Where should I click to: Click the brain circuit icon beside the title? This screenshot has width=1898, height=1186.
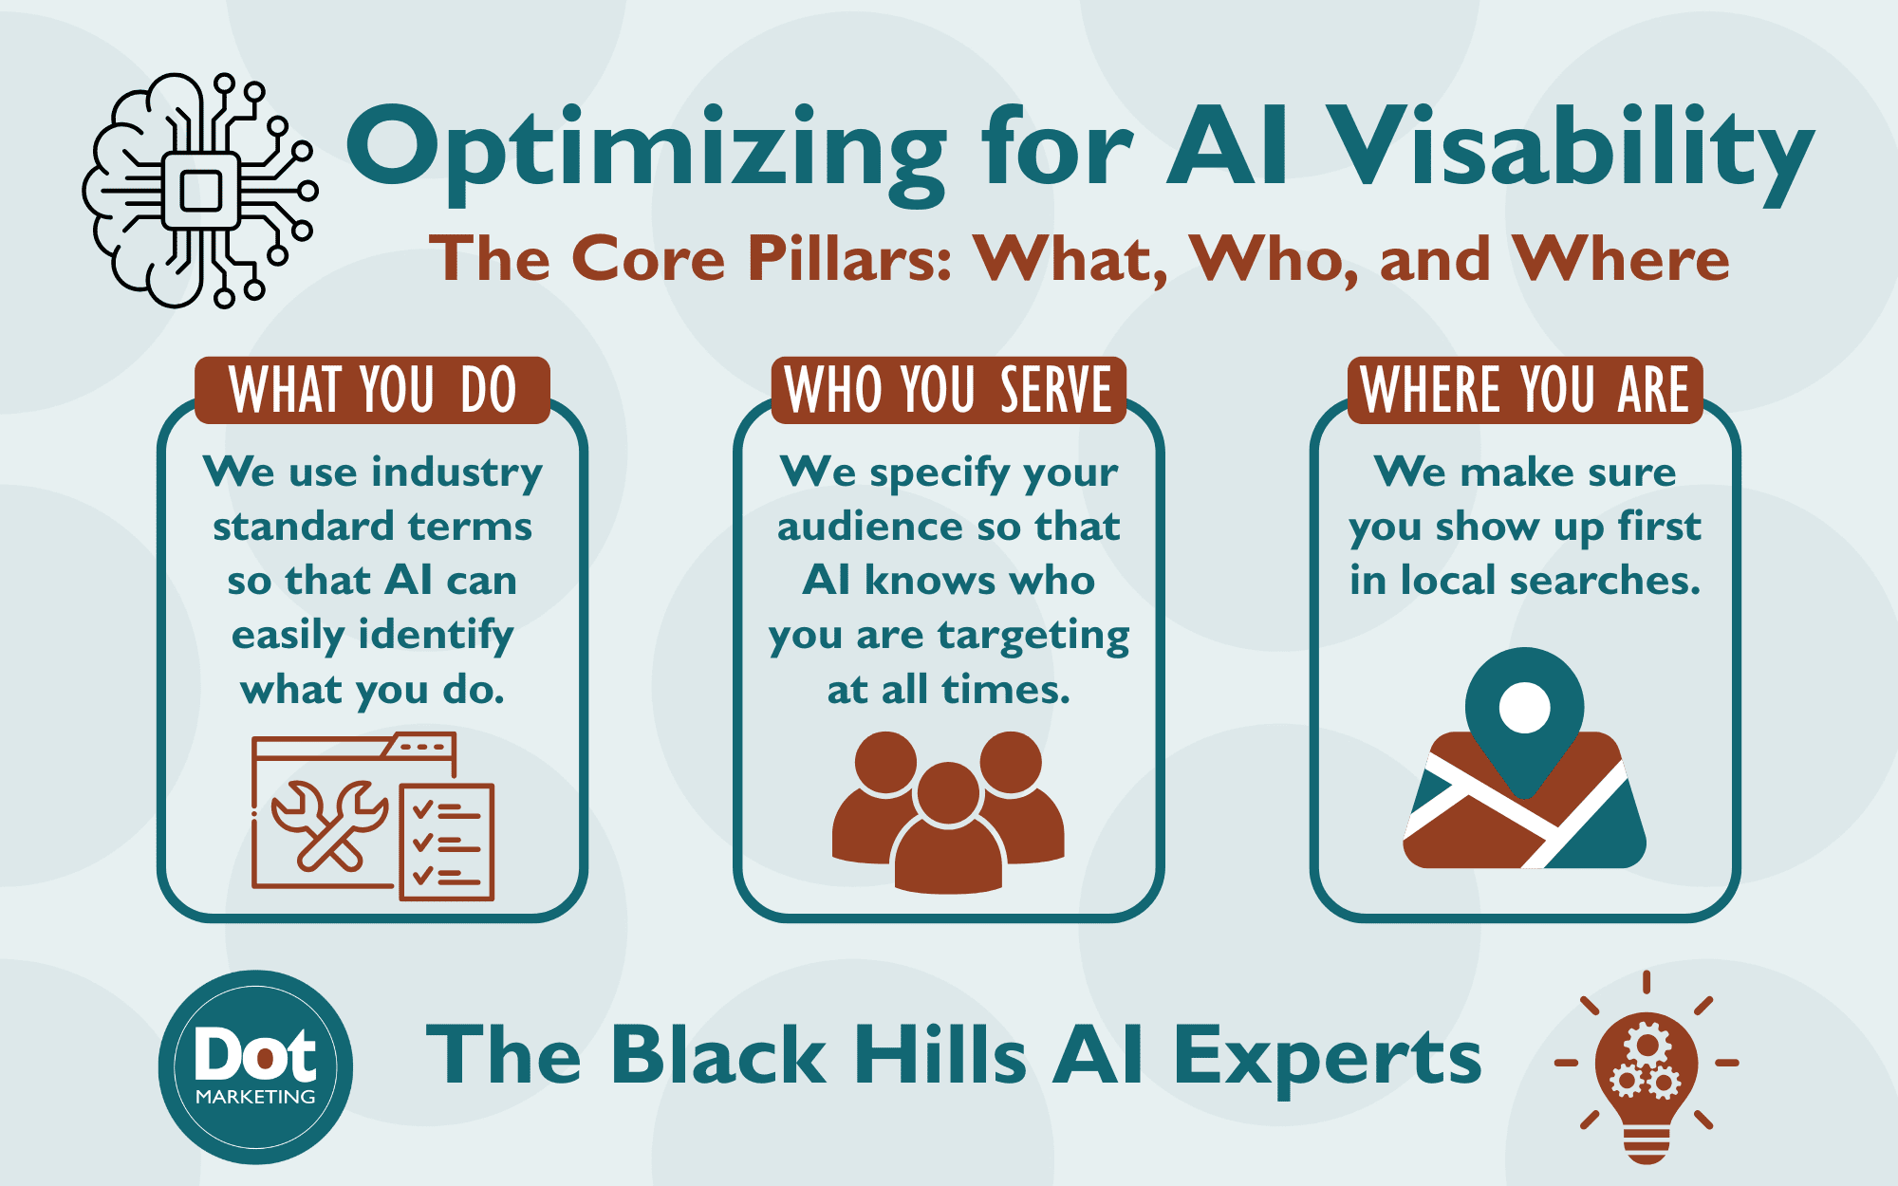click(199, 190)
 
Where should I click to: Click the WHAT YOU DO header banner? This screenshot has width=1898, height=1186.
click(372, 390)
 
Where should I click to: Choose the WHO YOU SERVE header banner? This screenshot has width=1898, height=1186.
click(949, 390)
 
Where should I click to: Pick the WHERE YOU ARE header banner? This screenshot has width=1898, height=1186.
click(1525, 390)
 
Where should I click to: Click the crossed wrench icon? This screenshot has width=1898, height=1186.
click(329, 824)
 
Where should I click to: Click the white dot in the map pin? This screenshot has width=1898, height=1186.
click(1524, 708)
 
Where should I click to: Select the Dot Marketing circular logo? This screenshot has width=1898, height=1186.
click(255, 1067)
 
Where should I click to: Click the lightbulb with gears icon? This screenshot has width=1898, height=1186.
click(1647, 1066)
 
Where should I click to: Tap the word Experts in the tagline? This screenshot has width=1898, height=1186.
click(1328, 1057)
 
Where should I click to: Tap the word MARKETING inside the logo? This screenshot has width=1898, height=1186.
click(255, 1097)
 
